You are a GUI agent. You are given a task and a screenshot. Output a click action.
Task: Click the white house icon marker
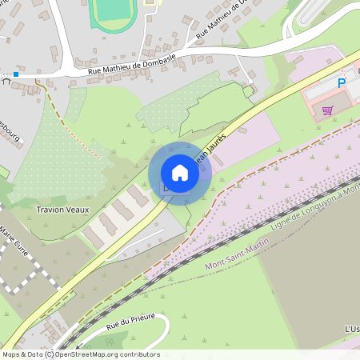[x=180, y=173]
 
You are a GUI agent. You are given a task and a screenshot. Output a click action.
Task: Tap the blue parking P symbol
[x=342, y=83]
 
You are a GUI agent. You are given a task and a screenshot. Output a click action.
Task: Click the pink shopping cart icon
[x=326, y=110]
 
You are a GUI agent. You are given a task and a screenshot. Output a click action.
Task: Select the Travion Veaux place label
[x=62, y=210]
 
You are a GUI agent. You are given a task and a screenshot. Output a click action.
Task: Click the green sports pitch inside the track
[x=111, y=10]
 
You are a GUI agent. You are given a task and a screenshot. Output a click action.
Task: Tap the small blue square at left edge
[x=15, y=74]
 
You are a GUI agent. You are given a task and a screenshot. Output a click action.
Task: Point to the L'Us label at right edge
[x=351, y=329]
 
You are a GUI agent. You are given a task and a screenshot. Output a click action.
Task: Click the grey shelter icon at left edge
[x=6, y=81]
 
